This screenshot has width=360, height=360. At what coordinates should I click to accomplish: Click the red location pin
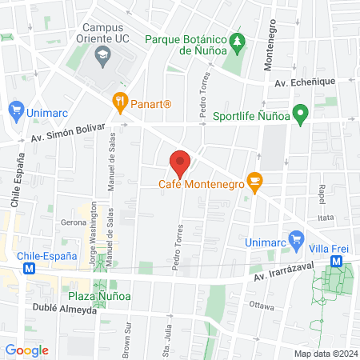click(180, 164)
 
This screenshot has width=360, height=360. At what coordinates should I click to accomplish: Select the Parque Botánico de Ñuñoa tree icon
click(236, 40)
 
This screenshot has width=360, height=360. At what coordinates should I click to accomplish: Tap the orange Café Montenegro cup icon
click(254, 182)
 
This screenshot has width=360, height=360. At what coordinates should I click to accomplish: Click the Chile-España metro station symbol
click(30, 270)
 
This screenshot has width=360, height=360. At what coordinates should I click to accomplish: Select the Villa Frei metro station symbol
click(337, 261)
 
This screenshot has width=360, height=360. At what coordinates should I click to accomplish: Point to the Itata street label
click(326, 217)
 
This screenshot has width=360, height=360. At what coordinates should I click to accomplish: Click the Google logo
click(26, 350)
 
